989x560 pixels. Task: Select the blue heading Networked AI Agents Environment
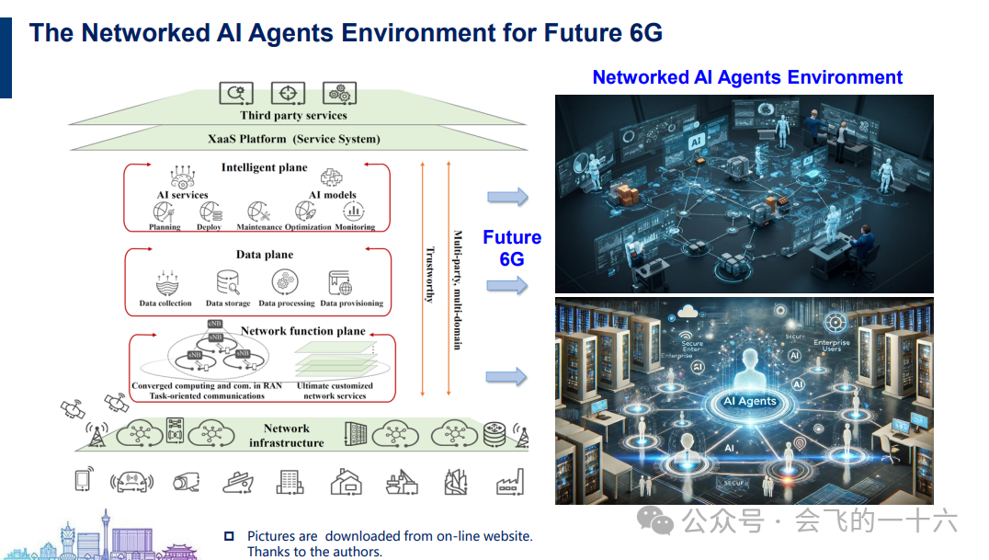tap(747, 77)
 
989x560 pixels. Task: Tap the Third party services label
tap(293, 116)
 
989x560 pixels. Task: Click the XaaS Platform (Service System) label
tap(293, 140)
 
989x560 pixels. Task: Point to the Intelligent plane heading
tap(264, 167)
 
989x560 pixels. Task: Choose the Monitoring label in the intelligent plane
tap(355, 227)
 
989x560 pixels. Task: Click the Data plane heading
tap(265, 255)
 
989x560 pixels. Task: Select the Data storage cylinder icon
tap(227, 281)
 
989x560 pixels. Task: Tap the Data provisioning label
tap(351, 303)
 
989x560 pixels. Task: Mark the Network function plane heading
tap(302, 331)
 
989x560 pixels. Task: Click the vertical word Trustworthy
tap(428, 274)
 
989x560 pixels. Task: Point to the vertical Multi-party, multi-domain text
tap(457, 290)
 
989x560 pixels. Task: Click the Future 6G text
tap(512, 248)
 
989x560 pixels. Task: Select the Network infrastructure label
tap(287, 436)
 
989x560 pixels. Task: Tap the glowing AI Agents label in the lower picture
tap(750, 401)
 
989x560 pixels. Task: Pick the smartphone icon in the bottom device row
tap(83, 480)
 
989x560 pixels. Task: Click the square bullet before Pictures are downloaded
tap(229, 536)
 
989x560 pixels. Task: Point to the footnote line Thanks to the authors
tap(314, 552)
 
